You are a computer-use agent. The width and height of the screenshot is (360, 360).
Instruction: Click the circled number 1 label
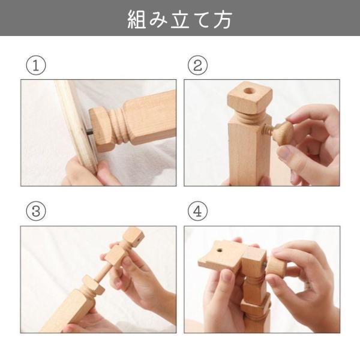point(36,65)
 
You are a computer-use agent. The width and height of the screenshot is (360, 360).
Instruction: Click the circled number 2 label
point(197,65)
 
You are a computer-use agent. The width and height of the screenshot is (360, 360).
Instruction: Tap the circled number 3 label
point(36,211)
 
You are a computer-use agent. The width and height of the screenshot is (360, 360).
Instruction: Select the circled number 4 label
point(197,211)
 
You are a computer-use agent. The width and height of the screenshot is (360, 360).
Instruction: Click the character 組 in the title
point(137,19)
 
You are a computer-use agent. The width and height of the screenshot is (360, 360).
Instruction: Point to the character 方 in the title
point(223,19)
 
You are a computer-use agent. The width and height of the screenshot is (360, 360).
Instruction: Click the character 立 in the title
point(180,19)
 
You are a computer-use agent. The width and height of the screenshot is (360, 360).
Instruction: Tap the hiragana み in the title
point(158,19)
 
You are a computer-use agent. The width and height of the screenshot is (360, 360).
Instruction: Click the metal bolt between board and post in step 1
point(89,132)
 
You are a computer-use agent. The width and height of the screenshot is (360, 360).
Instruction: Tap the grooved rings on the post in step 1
point(119,126)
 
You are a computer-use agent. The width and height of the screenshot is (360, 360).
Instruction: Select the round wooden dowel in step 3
point(104,272)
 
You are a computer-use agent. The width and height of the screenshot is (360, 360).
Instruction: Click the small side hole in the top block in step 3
point(138,241)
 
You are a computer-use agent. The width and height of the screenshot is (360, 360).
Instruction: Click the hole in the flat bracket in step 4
point(220,250)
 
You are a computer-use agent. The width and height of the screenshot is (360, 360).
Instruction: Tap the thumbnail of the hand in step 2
point(284,153)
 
